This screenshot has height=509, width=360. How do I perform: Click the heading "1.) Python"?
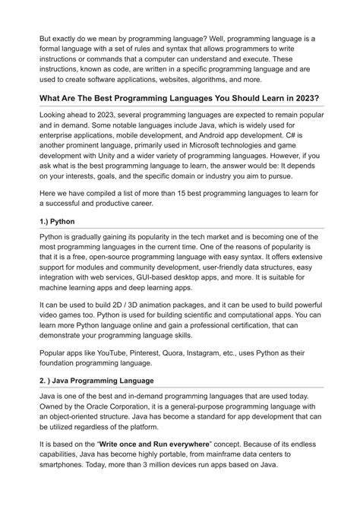pyautogui.click(x=58, y=221)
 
